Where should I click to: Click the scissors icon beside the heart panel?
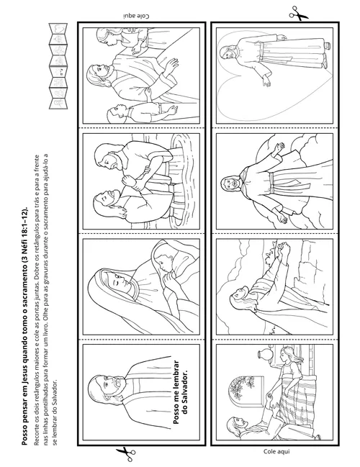point(298,14)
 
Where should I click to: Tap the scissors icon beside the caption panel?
point(125,453)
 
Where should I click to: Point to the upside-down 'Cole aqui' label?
point(136,16)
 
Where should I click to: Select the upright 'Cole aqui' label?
point(276,451)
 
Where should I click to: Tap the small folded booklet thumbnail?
point(58,66)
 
